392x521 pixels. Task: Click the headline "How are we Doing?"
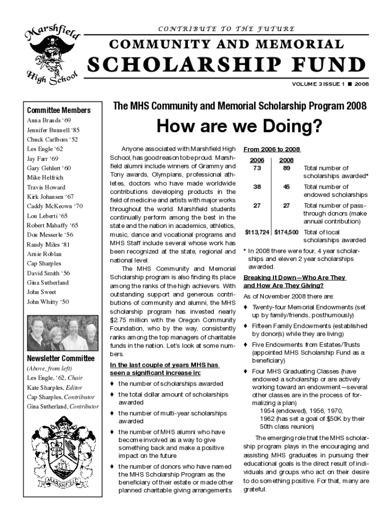coord(239,127)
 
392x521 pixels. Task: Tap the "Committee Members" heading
coord(59,110)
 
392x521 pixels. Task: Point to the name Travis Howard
coord(46,187)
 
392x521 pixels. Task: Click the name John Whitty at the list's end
coord(48,302)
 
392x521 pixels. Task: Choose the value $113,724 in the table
coord(257,232)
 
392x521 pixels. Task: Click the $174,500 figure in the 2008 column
coord(286,232)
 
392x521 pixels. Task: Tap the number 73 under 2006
coord(257,168)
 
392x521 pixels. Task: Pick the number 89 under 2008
coord(287,168)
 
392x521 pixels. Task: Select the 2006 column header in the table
coord(257,160)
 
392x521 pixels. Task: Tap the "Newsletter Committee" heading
coord(61,358)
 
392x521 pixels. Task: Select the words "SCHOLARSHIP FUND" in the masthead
coord(228,65)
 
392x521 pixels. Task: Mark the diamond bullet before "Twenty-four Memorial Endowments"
coord(246,307)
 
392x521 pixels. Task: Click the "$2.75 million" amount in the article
coord(124,320)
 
